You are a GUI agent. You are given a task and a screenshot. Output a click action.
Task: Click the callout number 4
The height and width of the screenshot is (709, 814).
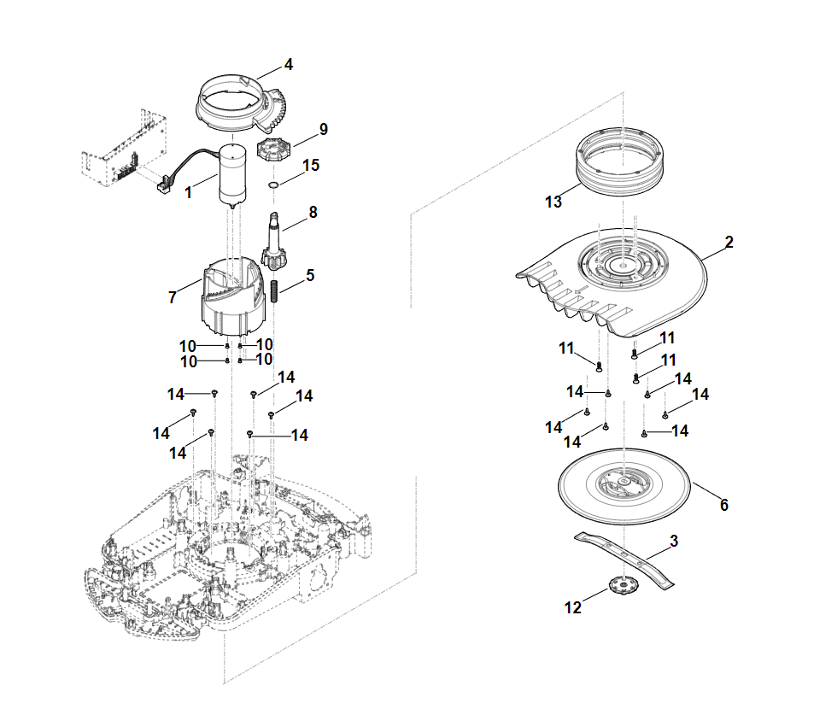[289, 65]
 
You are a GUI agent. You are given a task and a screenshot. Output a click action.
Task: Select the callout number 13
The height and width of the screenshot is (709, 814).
[553, 202]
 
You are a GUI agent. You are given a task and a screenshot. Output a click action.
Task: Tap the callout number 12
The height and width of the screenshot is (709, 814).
[573, 607]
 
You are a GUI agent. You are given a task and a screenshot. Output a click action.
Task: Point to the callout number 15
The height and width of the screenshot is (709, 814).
[311, 165]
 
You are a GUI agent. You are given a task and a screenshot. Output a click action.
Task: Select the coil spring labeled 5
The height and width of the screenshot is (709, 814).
[276, 290]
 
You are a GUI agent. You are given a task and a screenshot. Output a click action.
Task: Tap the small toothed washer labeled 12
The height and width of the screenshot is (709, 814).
[623, 584]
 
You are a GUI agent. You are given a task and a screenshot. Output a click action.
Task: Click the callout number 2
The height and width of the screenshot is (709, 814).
[729, 243]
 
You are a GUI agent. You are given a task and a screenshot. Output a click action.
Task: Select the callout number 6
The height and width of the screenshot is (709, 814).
[724, 505]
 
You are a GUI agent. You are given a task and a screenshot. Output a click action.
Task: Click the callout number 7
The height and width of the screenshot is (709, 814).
[173, 297]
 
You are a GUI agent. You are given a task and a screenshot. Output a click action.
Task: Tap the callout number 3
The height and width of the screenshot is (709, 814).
[674, 542]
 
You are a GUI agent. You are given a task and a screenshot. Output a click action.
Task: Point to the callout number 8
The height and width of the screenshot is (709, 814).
[313, 213]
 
